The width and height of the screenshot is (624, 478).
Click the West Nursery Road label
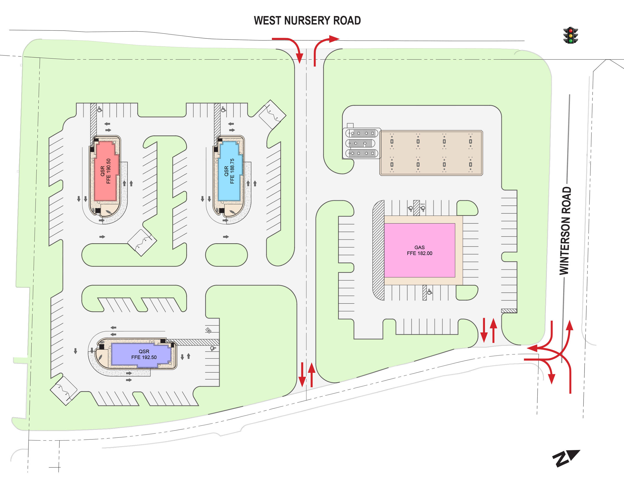(307, 21)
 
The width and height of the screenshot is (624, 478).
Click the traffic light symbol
(570, 35)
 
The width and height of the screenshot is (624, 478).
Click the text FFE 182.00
(419, 253)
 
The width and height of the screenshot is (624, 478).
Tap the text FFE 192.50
(144, 357)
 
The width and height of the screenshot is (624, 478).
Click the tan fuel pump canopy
(431, 153)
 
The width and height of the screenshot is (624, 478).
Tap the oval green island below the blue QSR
(226, 255)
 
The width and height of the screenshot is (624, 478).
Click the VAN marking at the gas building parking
(422, 204)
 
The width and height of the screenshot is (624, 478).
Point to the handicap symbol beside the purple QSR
(213, 348)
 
